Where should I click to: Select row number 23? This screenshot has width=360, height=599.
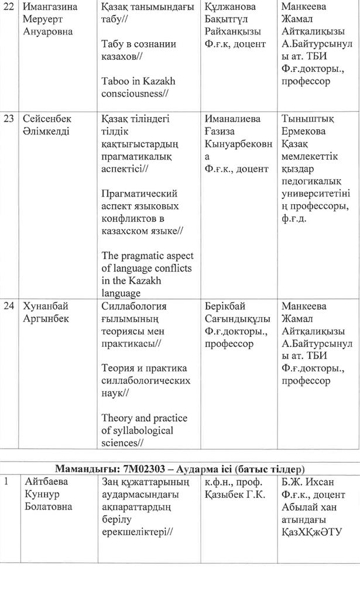8,119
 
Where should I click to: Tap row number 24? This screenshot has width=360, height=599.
8,306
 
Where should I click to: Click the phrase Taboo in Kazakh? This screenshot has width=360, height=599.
138,81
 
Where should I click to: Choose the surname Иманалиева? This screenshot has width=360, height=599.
235,119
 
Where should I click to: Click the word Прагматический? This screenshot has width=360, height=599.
139,194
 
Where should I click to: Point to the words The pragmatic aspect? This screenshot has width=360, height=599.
147,256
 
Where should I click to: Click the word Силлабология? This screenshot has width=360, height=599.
134,306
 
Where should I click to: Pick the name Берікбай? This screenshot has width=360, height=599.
225,306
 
